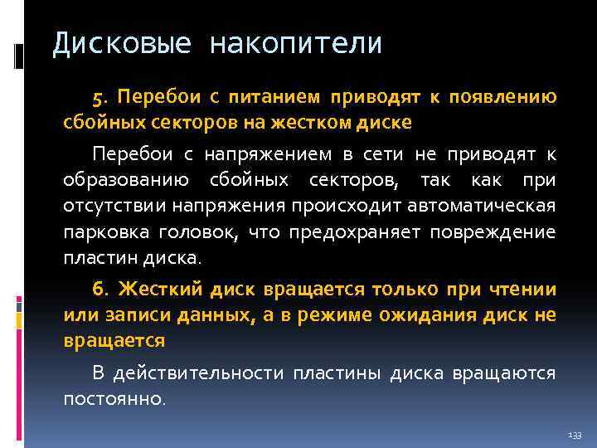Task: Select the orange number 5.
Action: [x=99, y=98]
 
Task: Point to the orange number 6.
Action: [x=100, y=290]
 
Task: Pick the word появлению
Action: [x=502, y=98]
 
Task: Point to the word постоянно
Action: [x=114, y=399]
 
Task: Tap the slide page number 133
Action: [x=575, y=434]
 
